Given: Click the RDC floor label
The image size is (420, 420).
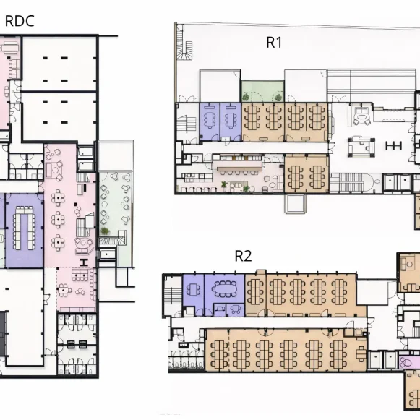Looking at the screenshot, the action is (20, 21).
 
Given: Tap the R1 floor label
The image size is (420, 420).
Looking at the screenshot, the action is (274, 43).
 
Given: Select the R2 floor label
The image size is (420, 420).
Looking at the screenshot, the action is (243, 256).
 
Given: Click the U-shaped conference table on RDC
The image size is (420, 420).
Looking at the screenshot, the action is (24, 228).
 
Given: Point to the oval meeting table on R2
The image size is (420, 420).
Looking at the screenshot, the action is (225, 288).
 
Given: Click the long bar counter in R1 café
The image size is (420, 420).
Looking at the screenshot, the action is (239, 168).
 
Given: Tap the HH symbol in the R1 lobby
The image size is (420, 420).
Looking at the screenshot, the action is (394, 146).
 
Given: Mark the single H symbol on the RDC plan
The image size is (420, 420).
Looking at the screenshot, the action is (84, 262).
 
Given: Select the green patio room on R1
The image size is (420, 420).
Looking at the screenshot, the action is (262, 91).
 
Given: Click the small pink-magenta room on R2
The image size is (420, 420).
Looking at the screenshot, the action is (407, 363).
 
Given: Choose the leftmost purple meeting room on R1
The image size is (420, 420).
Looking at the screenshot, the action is (210, 121).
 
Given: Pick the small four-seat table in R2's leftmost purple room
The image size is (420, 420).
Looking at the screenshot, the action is (193, 289).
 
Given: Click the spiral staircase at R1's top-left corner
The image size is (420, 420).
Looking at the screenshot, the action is (186, 51).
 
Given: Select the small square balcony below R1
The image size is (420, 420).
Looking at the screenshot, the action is (296, 204).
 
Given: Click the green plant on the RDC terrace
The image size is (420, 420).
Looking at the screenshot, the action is (105, 231).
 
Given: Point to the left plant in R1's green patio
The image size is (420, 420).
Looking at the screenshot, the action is (246, 97).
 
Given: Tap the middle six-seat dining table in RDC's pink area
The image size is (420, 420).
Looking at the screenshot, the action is (58, 220).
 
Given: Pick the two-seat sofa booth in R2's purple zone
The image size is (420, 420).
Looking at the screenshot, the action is (220, 309).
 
